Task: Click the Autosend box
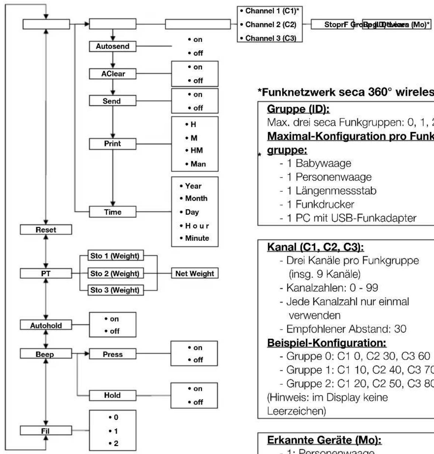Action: [113, 46]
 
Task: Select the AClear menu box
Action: [113, 74]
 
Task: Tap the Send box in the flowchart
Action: [113, 101]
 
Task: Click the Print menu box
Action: [113, 143]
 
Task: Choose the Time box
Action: [113, 212]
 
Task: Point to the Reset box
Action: [46, 229]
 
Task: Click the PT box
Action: [46, 273]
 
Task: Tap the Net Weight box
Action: [194, 273]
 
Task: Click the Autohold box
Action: [46, 326]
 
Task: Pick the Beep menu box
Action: [46, 354]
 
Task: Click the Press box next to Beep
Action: [113, 354]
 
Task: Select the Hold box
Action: [113, 395]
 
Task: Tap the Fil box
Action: [46, 430]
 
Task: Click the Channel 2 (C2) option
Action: [269, 25]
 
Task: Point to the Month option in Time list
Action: [196, 198]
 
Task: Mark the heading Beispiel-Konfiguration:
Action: [326, 343]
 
